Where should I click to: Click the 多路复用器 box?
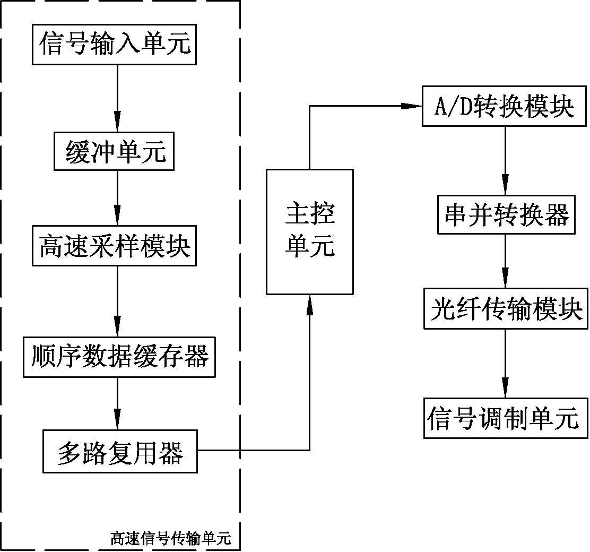click(120, 452)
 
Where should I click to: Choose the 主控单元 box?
click(310, 231)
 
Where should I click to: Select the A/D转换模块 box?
click(505, 107)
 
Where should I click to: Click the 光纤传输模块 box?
click(506, 308)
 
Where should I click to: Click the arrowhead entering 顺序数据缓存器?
click(117, 329)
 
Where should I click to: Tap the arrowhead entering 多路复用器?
click(117, 423)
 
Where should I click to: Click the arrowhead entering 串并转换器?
click(505, 188)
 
